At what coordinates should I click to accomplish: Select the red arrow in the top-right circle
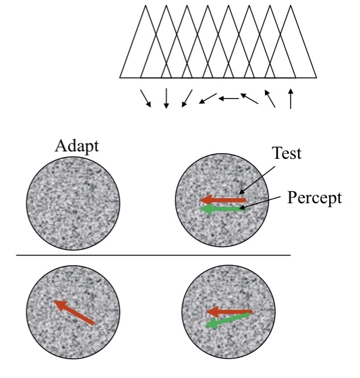pos(223,200)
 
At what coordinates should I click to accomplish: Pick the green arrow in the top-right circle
pos(223,210)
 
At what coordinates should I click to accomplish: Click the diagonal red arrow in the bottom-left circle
pos(75,313)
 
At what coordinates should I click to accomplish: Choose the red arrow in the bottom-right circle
pos(229,312)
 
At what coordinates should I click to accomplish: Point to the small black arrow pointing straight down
pos(166,98)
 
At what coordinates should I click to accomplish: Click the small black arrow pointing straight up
pos(291,98)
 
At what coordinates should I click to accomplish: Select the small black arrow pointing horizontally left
pos(228,98)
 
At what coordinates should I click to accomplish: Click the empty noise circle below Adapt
pos(73,202)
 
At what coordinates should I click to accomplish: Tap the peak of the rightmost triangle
pos(291,6)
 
